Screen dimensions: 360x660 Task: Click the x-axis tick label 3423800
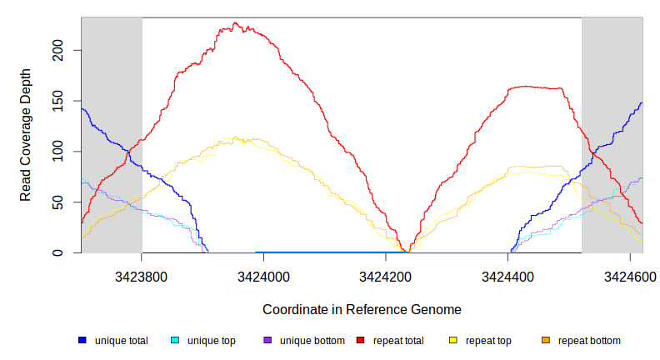(x=142, y=276)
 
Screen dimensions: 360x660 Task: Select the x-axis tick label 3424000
(x=263, y=276)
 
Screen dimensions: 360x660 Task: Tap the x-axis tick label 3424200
(x=386, y=276)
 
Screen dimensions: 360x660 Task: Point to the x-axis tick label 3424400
(x=507, y=276)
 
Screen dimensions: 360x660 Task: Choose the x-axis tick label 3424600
(x=629, y=276)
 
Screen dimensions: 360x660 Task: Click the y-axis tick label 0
(x=56, y=252)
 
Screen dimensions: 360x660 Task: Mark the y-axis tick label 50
(x=56, y=202)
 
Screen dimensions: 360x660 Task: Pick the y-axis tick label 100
(x=56, y=152)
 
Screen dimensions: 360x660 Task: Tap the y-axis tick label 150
(x=56, y=101)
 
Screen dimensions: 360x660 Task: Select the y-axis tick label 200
(x=56, y=51)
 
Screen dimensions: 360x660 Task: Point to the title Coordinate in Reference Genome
(x=362, y=309)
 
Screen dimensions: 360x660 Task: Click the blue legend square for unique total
(x=82, y=341)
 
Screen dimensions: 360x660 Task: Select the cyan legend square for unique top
(x=175, y=341)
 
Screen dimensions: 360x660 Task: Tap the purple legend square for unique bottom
(x=267, y=341)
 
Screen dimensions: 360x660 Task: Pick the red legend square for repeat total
(x=361, y=341)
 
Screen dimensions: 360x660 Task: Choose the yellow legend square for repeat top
(x=453, y=341)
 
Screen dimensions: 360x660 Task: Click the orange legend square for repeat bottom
(x=546, y=341)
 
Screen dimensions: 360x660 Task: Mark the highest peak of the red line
(x=236, y=23)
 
